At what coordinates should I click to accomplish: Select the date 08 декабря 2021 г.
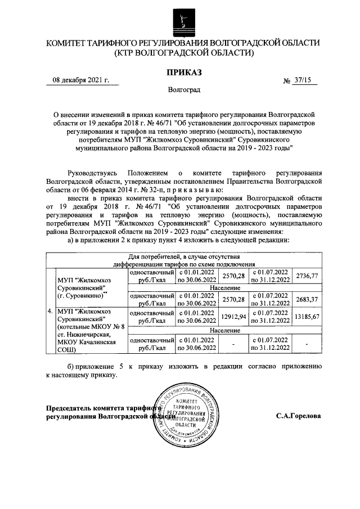pos(80,80)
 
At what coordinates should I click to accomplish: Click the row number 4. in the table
pos(50,310)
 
